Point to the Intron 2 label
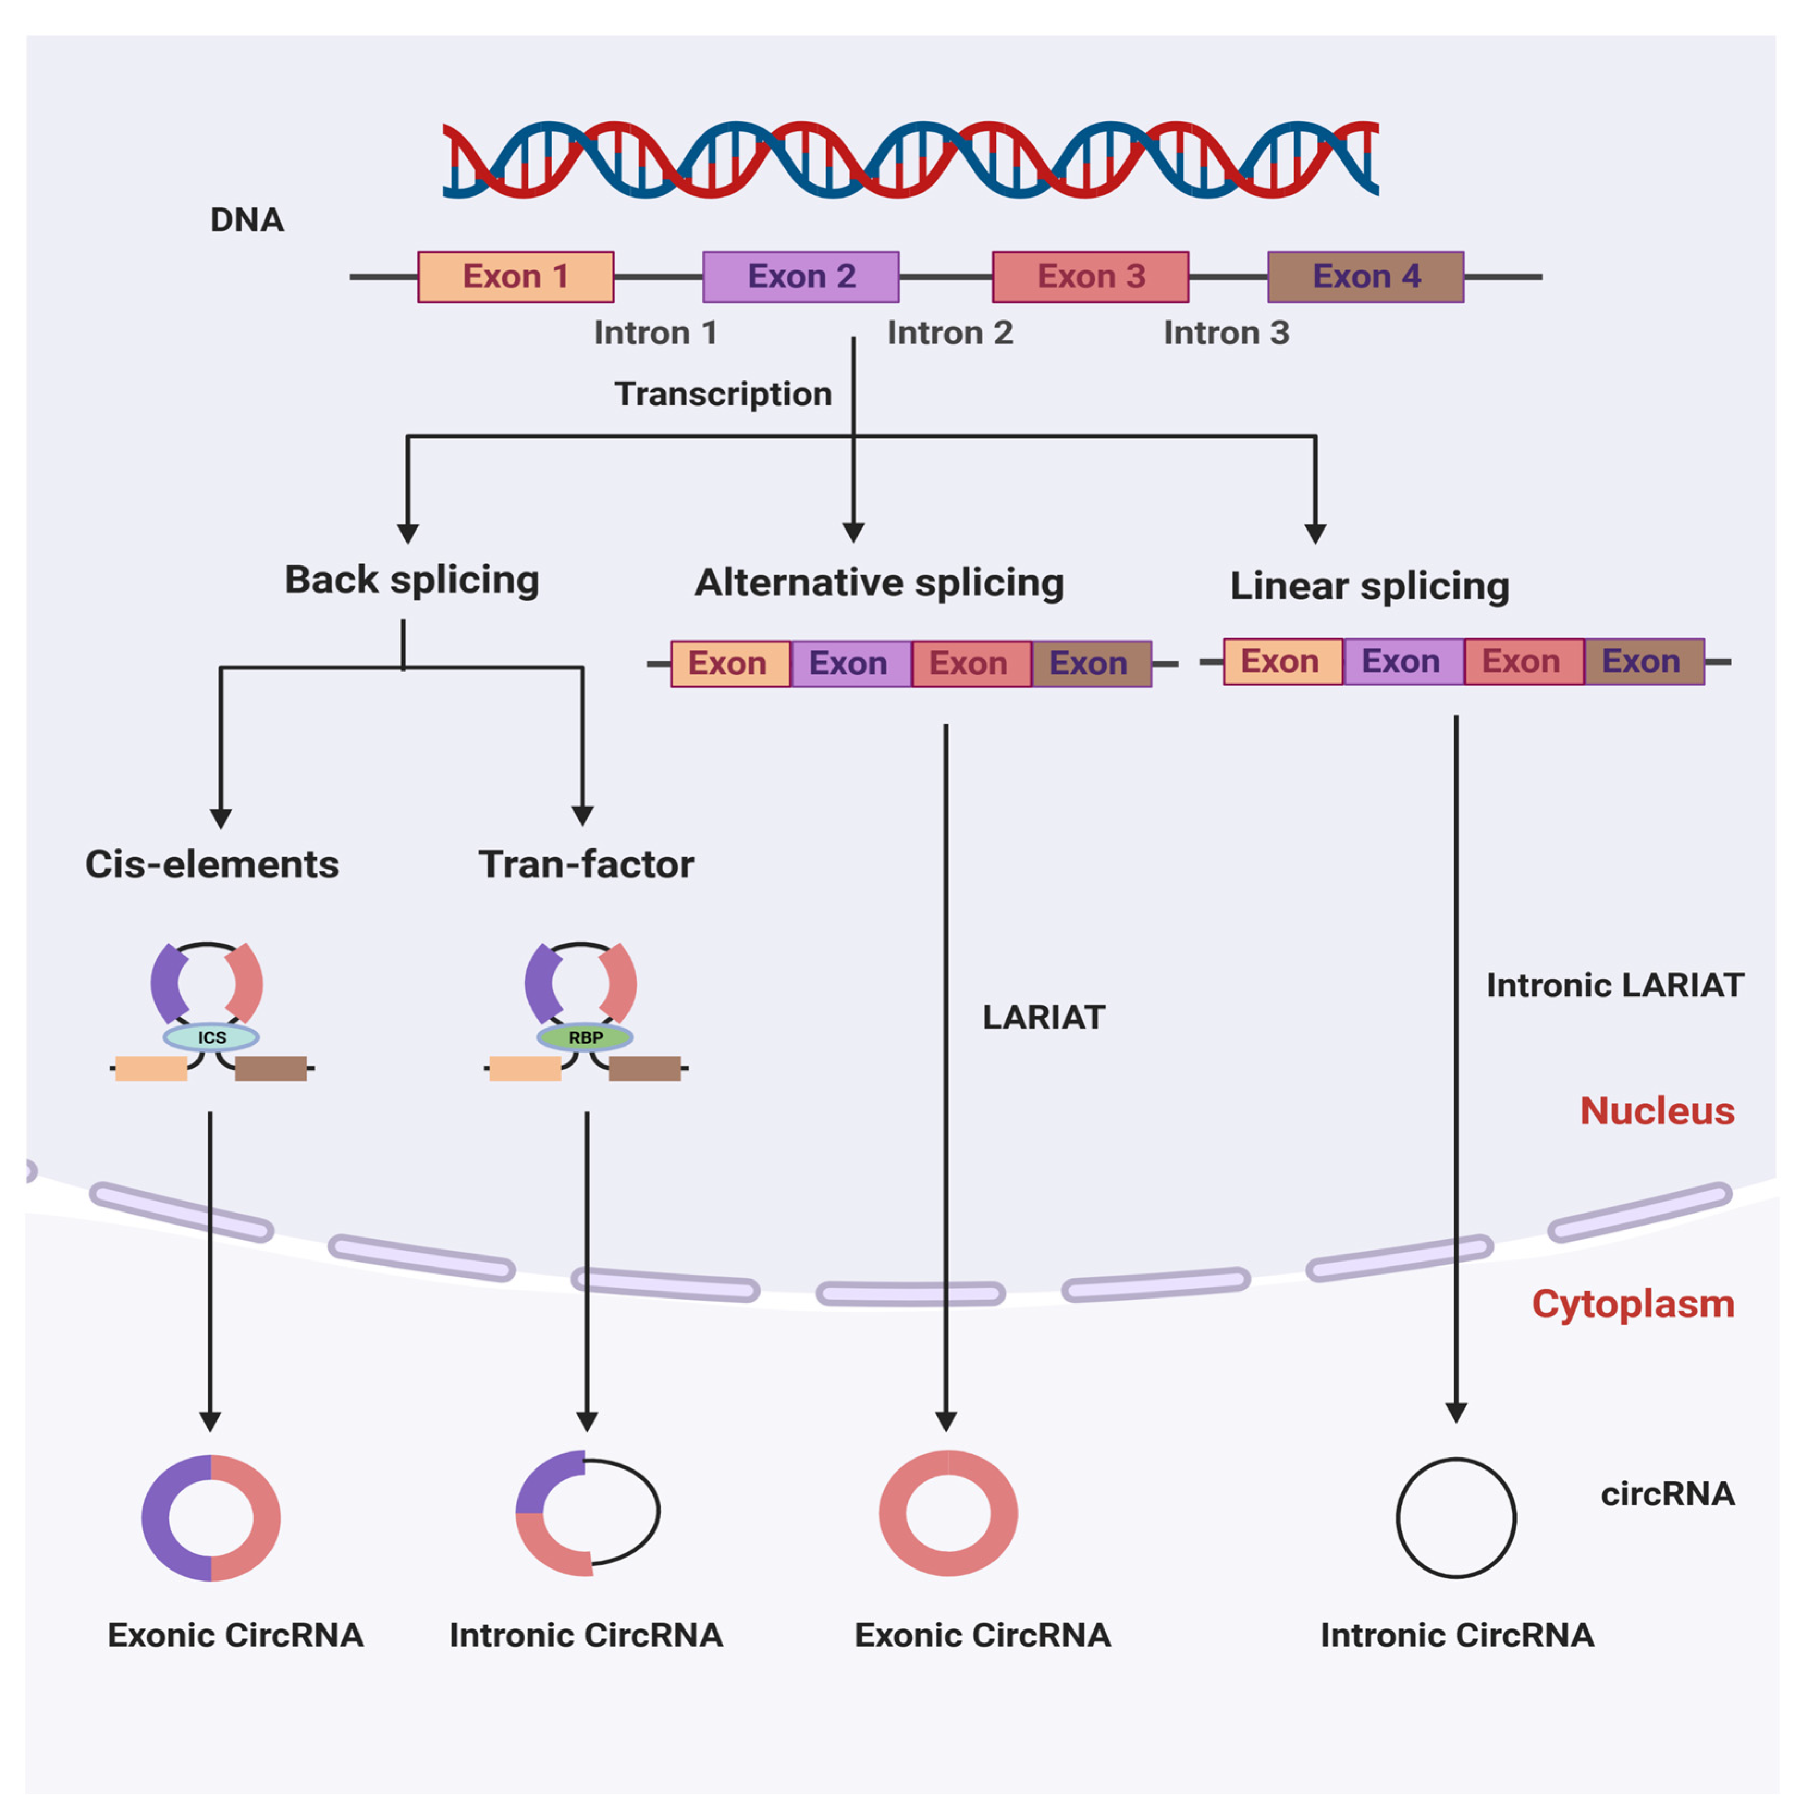point(949,333)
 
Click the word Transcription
point(723,393)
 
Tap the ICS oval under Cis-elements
point(211,1037)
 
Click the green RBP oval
point(585,1037)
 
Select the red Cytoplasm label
point(1632,1304)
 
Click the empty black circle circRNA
point(1455,1517)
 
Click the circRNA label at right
point(1667,1494)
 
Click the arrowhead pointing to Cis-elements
point(221,819)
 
